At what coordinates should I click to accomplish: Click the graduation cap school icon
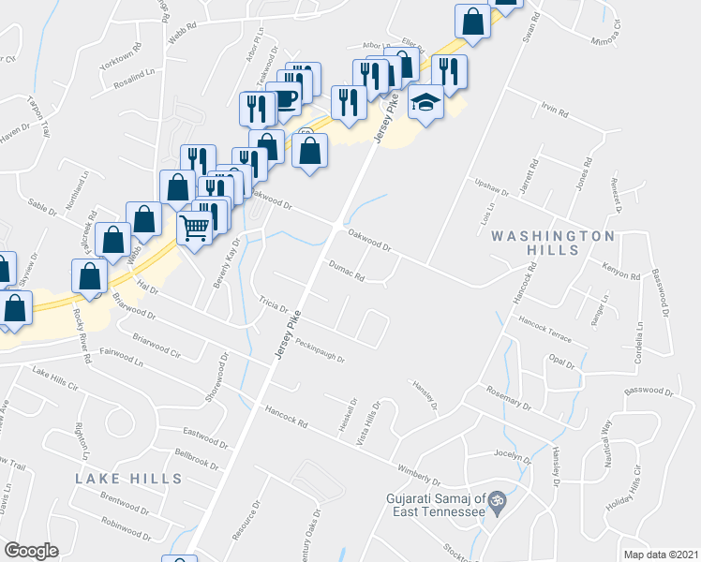tap(426, 102)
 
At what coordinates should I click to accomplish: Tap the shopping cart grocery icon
tap(194, 227)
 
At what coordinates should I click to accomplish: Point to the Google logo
tap(31, 551)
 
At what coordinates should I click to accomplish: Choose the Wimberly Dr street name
tap(418, 469)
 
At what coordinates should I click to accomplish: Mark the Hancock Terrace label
tap(552, 327)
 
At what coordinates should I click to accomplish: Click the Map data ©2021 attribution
tap(661, 555)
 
